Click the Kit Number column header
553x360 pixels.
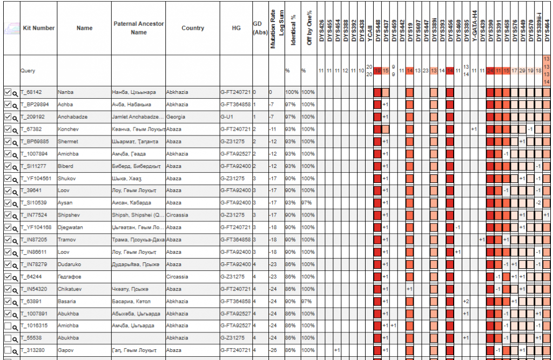click(x=38, y=28)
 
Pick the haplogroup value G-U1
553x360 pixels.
click(x=228, y=117)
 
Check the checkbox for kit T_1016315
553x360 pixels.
click(x=8, y=326)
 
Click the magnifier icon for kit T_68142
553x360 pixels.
click(x=15, y=93)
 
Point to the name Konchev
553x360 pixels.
click(x=68, y=130)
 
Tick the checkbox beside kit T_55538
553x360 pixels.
click(x=8, y=338)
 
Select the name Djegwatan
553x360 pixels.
click(x=71, y=228)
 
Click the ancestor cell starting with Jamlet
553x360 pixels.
click(x=138, y=117)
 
